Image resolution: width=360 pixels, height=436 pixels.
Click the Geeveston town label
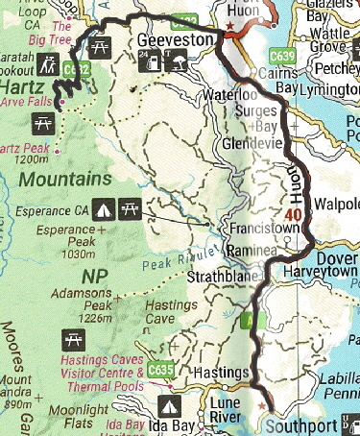(173, 42)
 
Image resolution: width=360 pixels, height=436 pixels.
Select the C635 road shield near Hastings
(161, 367)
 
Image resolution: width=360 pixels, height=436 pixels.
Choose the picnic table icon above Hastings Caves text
(70, 339)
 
